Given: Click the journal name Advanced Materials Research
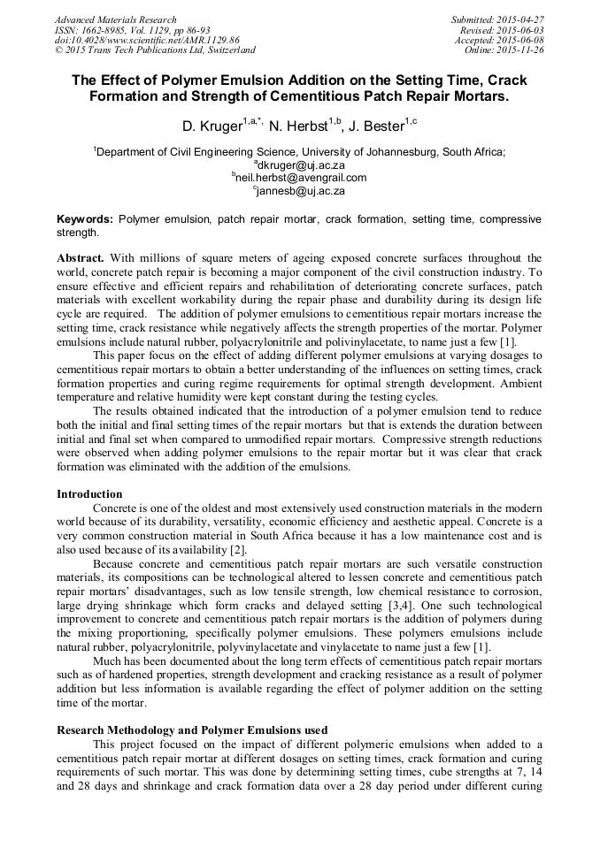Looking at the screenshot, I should coord(115,19).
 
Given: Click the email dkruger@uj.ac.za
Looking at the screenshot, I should coord(302,164).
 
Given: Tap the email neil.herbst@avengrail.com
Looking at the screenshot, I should coord(300,177).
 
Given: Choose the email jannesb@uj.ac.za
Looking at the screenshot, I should coord(300,190).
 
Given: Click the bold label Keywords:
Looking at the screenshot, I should coord(85,218).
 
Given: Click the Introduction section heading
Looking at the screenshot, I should coord(89,493).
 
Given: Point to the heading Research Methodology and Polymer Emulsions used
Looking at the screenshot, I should coord(192,730).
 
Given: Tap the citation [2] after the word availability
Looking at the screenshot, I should coord(239,550).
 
